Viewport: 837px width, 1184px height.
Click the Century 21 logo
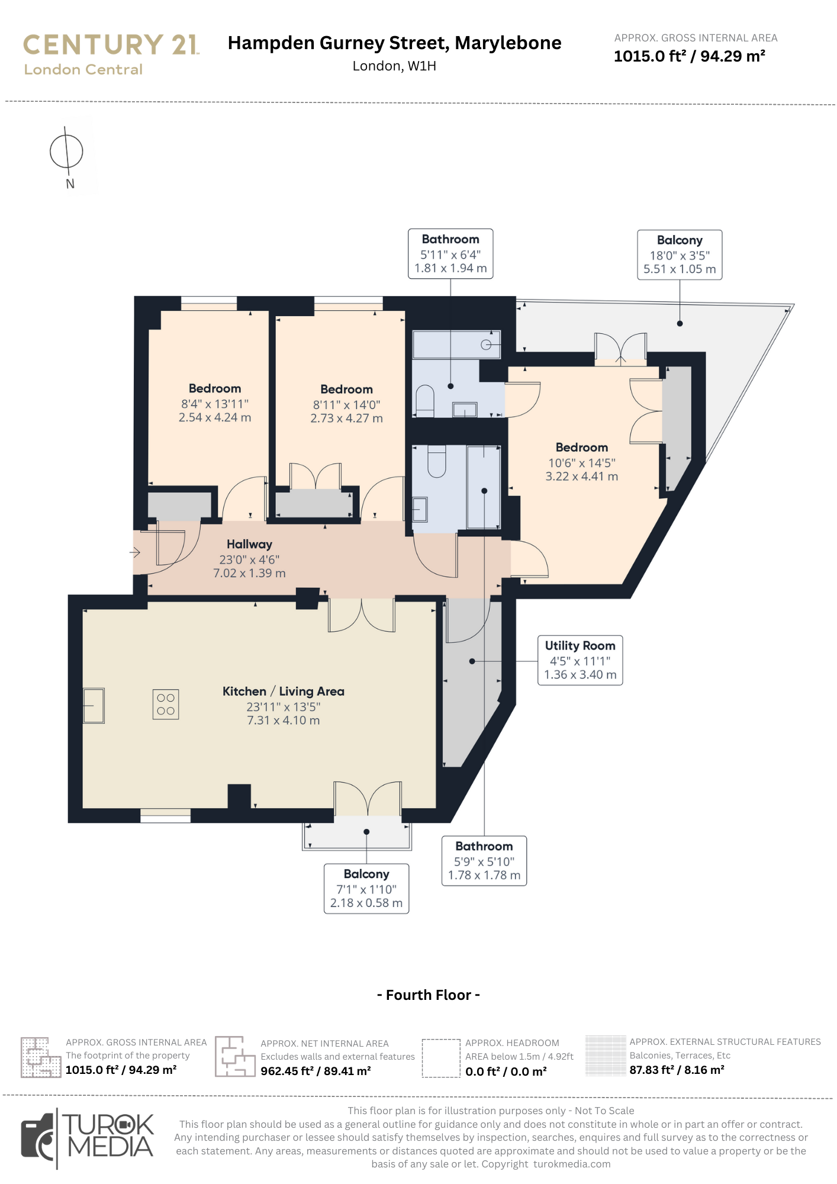coord(111,54)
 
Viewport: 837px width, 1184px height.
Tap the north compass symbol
coord(66,152)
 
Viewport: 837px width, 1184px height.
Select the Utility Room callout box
coord(580,660)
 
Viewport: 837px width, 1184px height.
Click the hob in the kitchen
coord(166,704)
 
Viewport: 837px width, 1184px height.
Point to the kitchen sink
coord(94,706)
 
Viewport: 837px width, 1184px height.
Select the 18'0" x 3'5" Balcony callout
coord(680,255)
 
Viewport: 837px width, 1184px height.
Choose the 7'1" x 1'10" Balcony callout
coord(366,889)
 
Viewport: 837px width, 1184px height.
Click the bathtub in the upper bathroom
coord(456,345)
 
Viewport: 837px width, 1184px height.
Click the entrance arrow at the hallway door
coord(135,553)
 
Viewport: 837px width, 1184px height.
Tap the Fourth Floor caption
coord(429,995)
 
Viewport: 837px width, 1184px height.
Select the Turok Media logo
coord(88,1138)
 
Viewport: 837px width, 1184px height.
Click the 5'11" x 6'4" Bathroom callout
coord(450,253)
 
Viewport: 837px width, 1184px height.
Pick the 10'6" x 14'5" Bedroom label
coord(582,462)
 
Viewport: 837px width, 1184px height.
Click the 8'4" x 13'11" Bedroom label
coord(215,403)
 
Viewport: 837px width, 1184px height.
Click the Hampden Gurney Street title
coord(394,43)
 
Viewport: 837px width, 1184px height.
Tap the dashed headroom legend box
coord(441,1058)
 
